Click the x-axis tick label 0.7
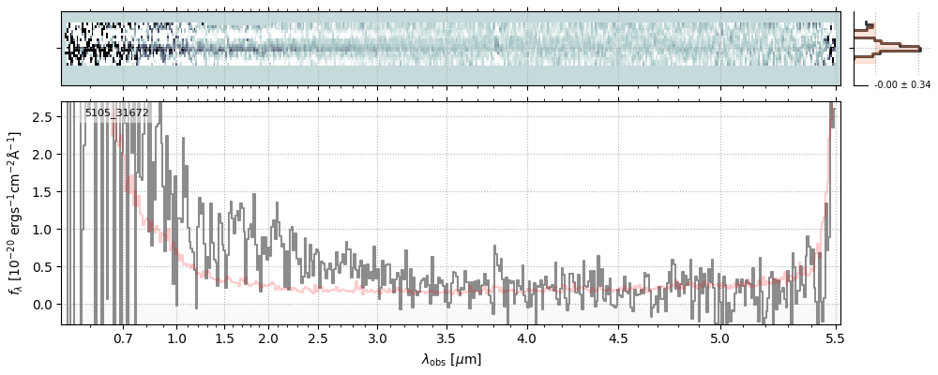pos(123,337)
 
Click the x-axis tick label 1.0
pos(176,337)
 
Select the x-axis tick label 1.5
pos(224,337)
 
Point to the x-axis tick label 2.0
pos(268,337)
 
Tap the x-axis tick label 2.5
pos(318,337)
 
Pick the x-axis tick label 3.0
pos(377,337)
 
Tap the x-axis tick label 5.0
pos(719,337)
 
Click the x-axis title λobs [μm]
pos(451,359)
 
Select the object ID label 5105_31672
pos(116,112)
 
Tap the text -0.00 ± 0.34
pos(901,85)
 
